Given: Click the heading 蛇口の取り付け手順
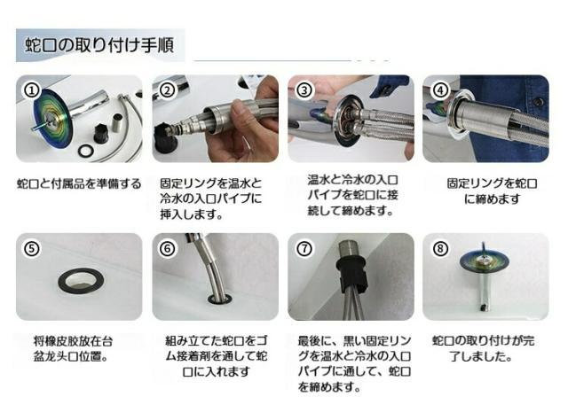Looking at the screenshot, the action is click(x=99, y=45).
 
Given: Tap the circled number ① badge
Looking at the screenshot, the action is click(x=32, y=90).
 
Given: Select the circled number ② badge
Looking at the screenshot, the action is click(x=168, y=90).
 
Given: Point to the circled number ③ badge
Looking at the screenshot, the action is click(x=304, y=90).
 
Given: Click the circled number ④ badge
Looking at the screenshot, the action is click(x=440, y=90).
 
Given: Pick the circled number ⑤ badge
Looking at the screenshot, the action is click(x=32, y=249).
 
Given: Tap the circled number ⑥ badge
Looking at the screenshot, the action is click(x=168, y=249).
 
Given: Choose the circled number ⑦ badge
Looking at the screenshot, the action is click(x=304, y=249).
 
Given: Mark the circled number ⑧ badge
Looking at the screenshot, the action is click(x=440, y=249).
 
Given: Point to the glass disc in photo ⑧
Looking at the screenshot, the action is click(x=484, y=261).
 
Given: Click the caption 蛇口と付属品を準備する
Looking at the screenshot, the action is click(x=79, y=184).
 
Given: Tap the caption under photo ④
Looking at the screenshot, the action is click(x=492, y=191).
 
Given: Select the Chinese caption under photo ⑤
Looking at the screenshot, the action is click(x=73, y=349).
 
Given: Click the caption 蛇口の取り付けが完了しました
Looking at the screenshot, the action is click(x=483, y=349).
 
